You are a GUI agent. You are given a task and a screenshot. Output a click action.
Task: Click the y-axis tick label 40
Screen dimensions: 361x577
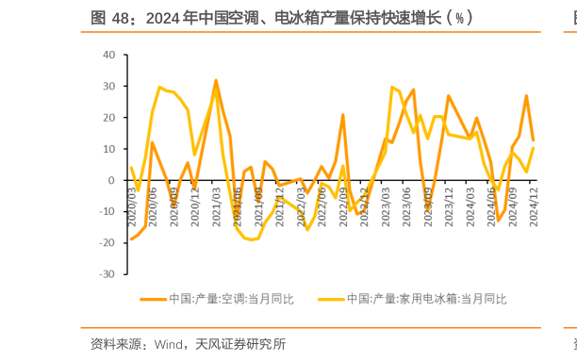[x=108, y=55]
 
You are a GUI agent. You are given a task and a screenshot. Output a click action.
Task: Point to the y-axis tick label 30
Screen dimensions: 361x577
[x=108, y=86]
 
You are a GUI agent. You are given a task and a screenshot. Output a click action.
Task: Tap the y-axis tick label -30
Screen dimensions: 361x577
[x=107, y=274]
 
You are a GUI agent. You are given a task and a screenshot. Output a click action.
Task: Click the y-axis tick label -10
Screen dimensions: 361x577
[x=107, y=211]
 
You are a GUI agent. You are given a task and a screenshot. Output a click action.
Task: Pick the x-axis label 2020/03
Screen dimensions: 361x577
[x=133, y=201]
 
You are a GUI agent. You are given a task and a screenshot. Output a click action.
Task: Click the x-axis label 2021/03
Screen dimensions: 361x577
[x=217, y=201]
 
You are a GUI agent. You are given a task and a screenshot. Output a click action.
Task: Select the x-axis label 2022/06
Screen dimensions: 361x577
[x=322, y=201]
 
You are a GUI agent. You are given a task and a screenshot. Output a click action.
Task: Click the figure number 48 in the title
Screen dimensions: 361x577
[x=121, y=17]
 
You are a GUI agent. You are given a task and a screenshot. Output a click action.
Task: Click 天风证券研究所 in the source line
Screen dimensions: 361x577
[x=239, y=343]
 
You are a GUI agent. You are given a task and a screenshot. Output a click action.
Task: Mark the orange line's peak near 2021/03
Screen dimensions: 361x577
[x=216, y=80]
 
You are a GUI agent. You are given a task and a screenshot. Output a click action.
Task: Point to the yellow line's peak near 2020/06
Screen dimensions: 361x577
[x=159, y=87]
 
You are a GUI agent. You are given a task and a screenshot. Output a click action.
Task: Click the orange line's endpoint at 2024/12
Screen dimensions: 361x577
[x=534, y=140]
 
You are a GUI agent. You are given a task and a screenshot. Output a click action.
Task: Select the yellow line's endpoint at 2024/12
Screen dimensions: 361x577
[x=534, y=148]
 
